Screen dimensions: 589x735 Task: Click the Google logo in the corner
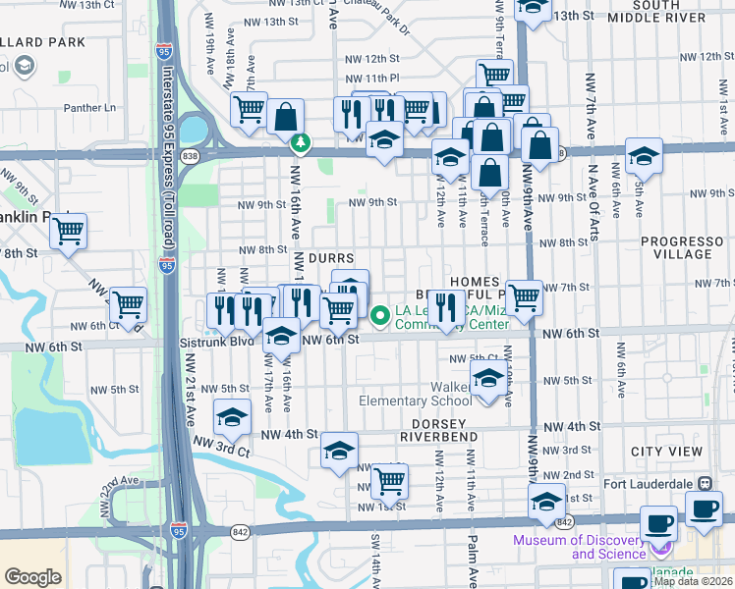32,577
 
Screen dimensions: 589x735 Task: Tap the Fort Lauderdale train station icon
705,484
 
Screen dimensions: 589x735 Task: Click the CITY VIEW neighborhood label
667,452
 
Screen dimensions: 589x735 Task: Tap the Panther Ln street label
90,107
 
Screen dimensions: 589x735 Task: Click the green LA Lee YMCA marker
381,314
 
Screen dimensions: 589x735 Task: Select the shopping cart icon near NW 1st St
390,480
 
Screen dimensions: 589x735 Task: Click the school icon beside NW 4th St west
232,418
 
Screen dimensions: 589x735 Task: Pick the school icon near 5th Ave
644,155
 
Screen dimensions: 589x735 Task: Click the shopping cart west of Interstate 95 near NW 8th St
68,232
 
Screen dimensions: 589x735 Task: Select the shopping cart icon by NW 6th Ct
128,305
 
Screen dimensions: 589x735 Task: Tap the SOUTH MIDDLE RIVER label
670,11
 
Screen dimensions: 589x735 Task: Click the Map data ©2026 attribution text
694,581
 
